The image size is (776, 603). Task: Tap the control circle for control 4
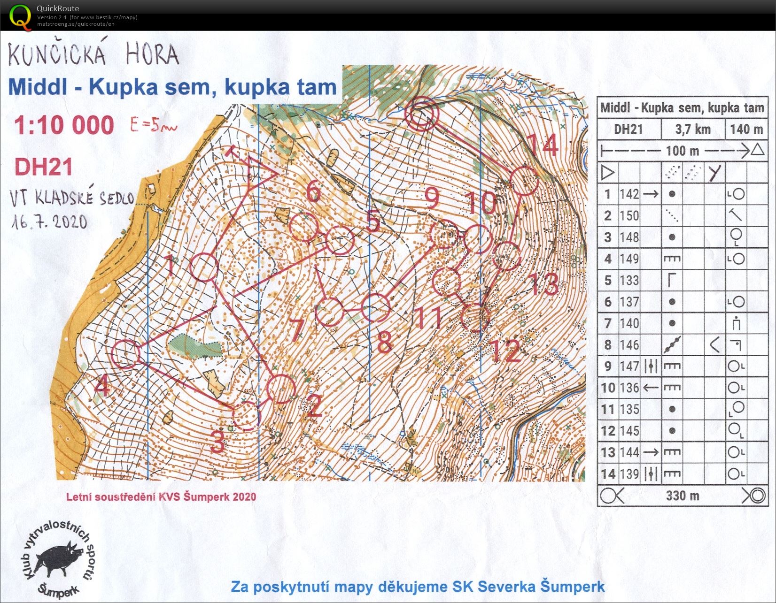click(x=127, y=354)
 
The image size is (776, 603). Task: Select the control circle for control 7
click(x=329, y=312)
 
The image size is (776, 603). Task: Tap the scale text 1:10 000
click(x=64, y=125)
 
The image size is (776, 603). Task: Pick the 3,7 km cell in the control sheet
click(x=693, y=129)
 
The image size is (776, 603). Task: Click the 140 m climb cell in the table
click(x=746, y=129)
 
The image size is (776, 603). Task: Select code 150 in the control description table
click(x=629, y=216)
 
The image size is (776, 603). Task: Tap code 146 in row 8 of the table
click(x=629, y=345)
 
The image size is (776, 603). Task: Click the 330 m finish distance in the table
click(x=682, y=496)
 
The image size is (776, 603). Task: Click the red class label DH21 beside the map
click(x=44, y=167)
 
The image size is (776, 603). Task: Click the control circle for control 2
click(x=281, y=389)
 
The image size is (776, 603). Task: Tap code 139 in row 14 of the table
click(x=629, y=474)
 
